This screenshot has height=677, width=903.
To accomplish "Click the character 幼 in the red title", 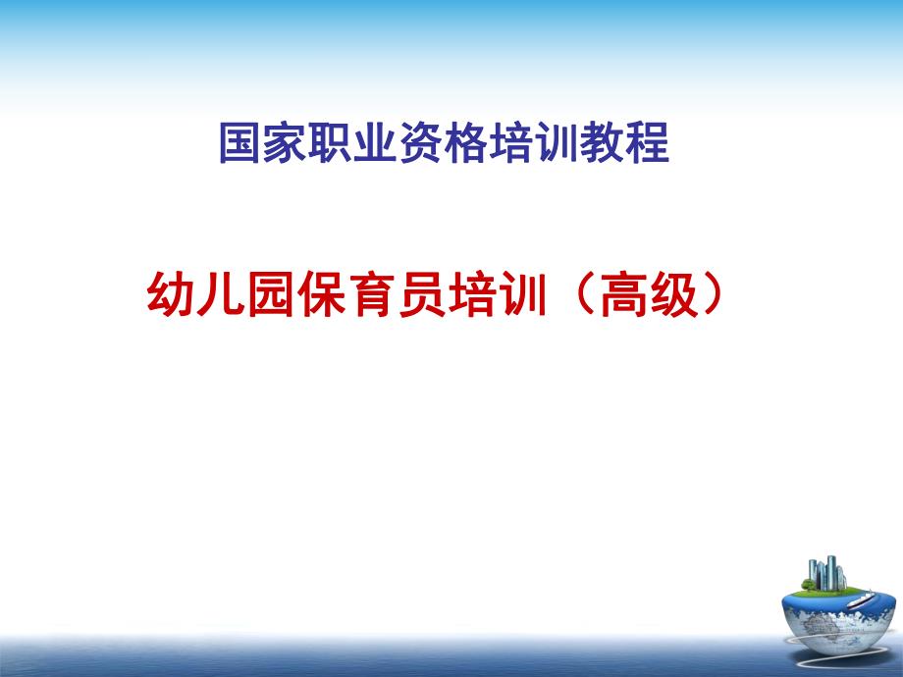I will click(x=171, y=295).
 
